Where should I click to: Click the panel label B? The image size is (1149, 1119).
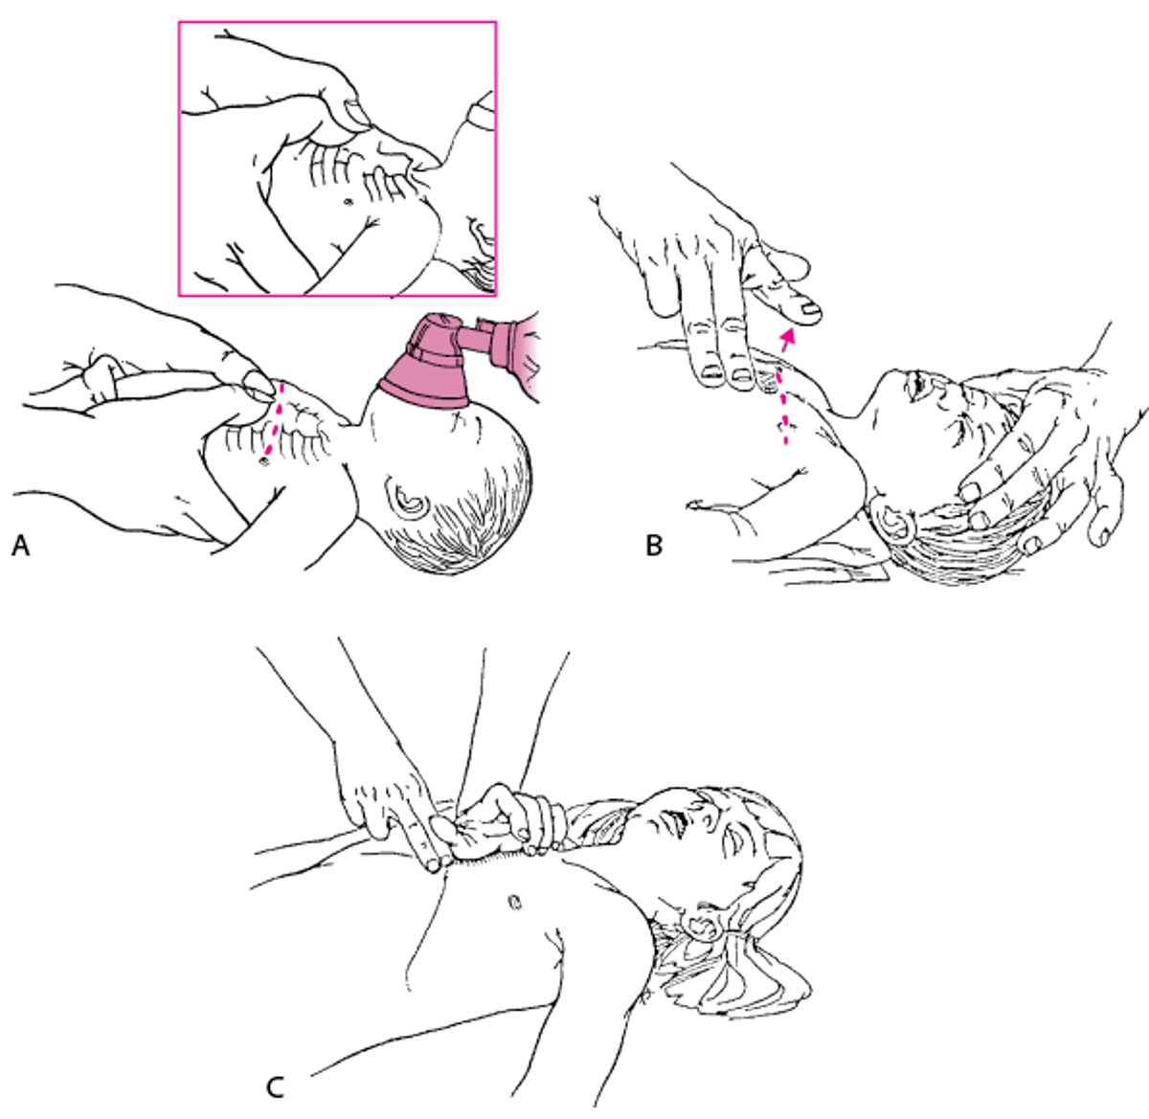655,546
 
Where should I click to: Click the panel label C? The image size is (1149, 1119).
274,1087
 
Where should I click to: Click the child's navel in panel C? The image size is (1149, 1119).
513,901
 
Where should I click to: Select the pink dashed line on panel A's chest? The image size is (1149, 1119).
276,421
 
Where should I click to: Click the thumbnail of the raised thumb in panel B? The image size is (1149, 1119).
810,308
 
